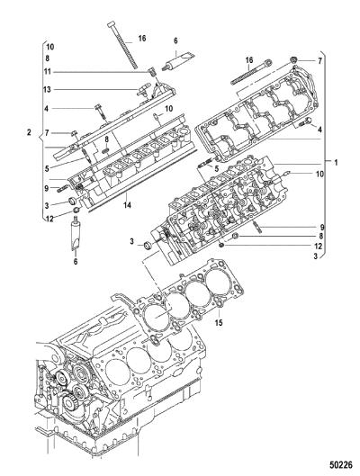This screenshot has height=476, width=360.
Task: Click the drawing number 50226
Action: [340, 465]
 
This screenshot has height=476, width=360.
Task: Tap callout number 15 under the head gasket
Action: [219, 322]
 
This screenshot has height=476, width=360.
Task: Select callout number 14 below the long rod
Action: [127, 205]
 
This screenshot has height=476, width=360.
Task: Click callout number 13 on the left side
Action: [47, 90]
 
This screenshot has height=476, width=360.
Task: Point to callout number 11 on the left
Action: [47, 72]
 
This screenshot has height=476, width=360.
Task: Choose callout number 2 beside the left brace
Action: [29, 132]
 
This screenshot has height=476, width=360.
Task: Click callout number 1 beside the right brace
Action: [336, 163]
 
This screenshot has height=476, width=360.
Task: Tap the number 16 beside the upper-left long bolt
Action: [142, 39]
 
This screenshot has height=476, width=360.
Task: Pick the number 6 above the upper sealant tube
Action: [175, 40]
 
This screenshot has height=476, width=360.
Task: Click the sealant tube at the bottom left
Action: [76, 233]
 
